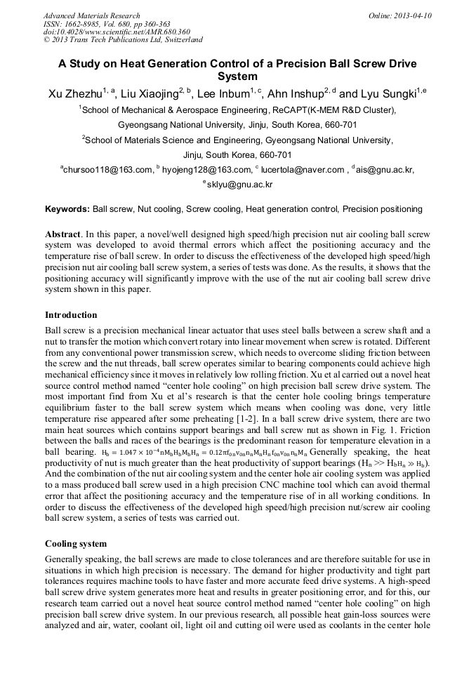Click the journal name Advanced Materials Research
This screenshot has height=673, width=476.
pyautogui.click(x=92, y=15)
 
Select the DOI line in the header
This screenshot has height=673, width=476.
pyautogui.click(x=117, y=32)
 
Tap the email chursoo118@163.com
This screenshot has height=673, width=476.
pyautogui.click(x=109, y=169)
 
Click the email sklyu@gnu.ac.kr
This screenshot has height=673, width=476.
pyautogui.click(x=240, y=185)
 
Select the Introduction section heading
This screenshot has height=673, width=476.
pyautogui.click(x=71, y=314)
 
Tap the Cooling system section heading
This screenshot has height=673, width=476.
pyautogui.click(x=75, y=543)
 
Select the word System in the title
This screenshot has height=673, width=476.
pyautogui.click(x=238, y=76)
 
